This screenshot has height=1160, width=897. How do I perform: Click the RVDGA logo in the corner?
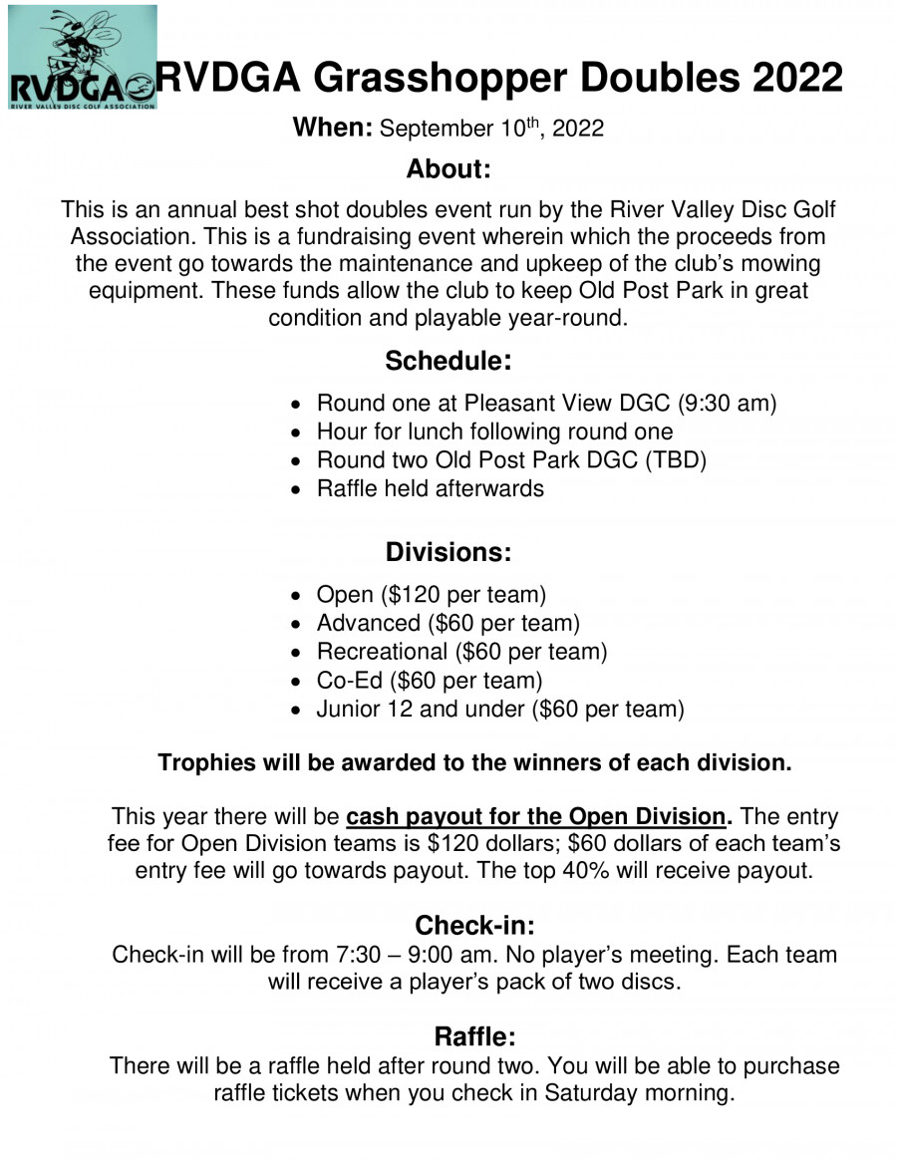82,57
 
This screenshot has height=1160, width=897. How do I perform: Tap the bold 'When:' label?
332,129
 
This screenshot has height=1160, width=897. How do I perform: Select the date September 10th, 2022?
492,130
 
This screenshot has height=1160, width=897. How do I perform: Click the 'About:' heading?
448,169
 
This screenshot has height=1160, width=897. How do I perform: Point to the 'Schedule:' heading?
448,360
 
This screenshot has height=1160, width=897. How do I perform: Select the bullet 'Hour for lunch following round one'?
493,432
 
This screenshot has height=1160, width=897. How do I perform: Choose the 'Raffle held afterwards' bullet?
430,488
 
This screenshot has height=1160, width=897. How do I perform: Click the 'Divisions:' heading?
448,551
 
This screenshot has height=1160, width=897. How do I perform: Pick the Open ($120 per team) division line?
431,595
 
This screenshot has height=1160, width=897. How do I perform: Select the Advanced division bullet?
448,624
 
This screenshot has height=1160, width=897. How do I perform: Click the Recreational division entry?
461,652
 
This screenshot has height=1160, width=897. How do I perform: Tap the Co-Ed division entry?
429,681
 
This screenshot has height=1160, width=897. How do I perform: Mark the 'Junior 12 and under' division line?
499,710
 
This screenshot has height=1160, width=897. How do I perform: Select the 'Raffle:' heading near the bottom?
473,1036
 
